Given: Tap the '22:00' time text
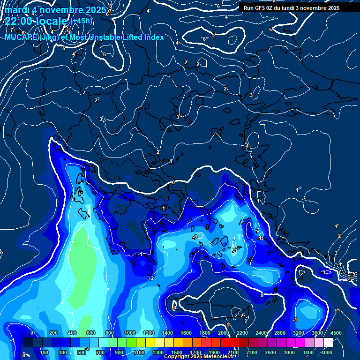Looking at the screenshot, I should pos(17,21).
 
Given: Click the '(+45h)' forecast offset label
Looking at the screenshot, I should pos(81,21).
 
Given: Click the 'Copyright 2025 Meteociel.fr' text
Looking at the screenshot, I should pos(203,357).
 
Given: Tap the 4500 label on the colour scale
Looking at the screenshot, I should pos(336,333).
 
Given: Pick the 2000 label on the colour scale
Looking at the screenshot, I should pos(223,333).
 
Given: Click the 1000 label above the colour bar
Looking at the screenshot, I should pos(129,333).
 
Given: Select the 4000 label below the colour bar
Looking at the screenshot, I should pos(327,352).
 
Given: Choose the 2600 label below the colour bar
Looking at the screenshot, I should pos(271,352).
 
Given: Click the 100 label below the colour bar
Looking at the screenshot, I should pos(45,352).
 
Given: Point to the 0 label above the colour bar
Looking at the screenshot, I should pos(32,333).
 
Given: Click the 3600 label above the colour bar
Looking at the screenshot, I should pos(317,333).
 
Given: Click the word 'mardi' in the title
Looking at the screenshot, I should pos(16,9).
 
